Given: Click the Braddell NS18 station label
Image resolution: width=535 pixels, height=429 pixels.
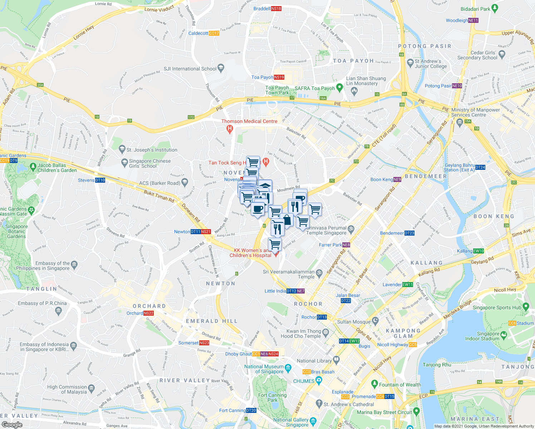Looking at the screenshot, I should [267, 9].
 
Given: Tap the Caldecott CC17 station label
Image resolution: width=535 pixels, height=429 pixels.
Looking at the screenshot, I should [203, 33].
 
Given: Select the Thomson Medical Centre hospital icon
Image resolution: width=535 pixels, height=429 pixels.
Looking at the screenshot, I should [230, 129].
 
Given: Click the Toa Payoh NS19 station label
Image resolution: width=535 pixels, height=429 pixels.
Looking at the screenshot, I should [267, 77].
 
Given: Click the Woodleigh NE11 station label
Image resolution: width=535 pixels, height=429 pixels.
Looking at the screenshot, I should [462, 20].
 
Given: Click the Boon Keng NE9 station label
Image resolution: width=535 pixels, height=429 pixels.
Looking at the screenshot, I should [386, 179].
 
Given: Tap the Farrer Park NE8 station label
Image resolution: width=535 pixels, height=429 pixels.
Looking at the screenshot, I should [334, 245].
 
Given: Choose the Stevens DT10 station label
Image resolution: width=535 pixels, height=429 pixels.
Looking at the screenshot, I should [92, 180].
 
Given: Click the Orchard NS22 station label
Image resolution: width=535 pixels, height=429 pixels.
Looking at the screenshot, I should [140, 313].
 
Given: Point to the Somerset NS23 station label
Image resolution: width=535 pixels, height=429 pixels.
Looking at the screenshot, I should [194, 343].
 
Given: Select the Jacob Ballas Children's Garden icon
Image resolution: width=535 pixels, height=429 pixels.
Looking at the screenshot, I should [33, 166].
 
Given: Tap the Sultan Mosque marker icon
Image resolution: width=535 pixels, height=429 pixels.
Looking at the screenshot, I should [375, 320].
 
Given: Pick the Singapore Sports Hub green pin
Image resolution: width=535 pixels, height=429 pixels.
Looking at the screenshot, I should [525, 306].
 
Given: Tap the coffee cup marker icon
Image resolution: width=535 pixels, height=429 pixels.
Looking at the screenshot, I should [257, 208].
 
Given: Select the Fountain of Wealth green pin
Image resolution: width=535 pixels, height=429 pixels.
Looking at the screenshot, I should [374, 384].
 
